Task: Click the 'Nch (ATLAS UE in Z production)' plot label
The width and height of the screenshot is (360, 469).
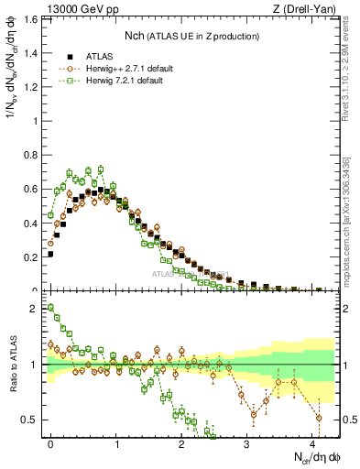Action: point(191,36)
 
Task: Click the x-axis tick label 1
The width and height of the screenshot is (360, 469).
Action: point(116,442)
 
